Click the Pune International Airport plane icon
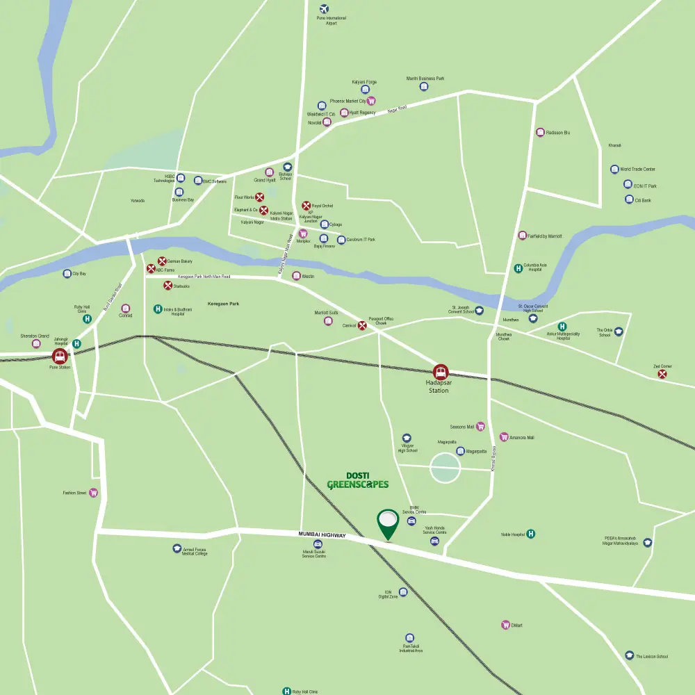click(x=323, y=9)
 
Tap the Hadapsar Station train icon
click(x=441, y=372)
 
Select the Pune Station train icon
click(x=60, y=357)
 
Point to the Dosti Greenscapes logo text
click(x=357, y=480)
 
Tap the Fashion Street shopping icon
click(x=93, y=493)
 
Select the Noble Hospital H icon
click(x=531, y=534)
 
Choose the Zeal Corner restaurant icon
click(x=662, y=374)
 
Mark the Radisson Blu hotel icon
click(x=540, y=132)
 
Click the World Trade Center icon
click(x=614, y=169)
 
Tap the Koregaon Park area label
click(x=223, y=304)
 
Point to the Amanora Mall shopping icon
click(x=504, y=437)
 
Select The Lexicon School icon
click(x=630, y=656)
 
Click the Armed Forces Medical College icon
click(x=177, y=548)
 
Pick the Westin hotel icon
click(x=296, y=276)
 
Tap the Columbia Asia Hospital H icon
click(x=518, y=268)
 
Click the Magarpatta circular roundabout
click(x=445, y=468)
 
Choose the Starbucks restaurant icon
click(x=167, y=285)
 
